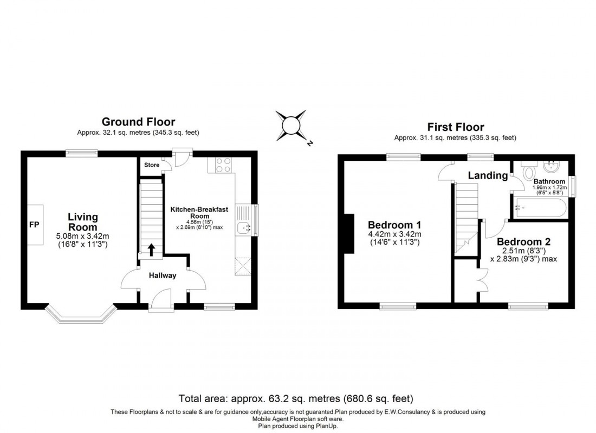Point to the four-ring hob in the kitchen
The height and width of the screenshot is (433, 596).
point(223,165)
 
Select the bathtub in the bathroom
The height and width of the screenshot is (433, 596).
point(540,207)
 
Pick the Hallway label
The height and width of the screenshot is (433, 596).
point(163,275)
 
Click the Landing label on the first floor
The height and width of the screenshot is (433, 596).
point(488,175)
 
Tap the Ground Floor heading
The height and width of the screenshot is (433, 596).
point(138,122)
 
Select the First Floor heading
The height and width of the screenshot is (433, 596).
point(455,127)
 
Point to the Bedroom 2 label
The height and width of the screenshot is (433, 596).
point(519,241)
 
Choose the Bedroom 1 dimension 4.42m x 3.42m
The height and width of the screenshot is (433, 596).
point(394,234)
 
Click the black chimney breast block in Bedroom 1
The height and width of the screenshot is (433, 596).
point(349,233)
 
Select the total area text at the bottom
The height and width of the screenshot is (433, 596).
point(297,399)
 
